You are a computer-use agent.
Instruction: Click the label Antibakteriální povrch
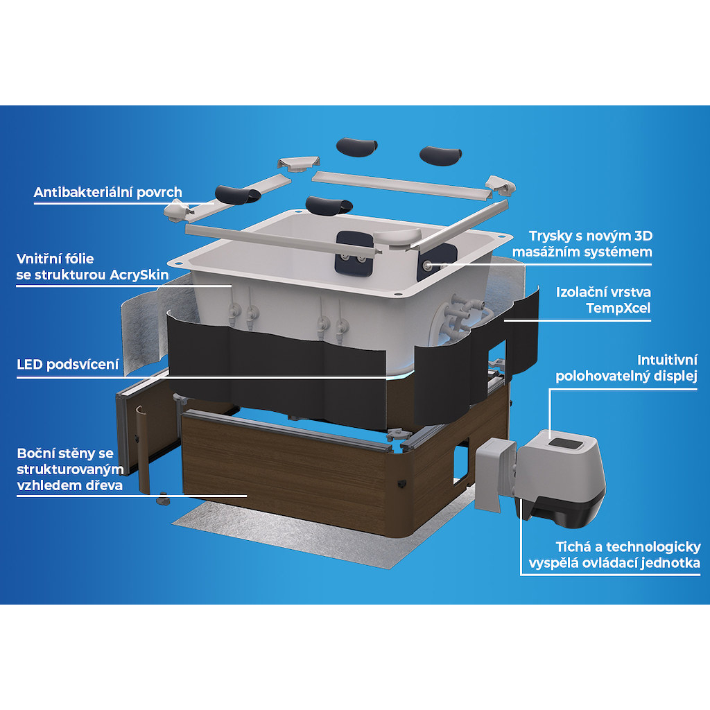point(107,193)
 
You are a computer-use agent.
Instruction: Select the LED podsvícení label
point(68,364)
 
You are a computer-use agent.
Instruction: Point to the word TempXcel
point(618,309)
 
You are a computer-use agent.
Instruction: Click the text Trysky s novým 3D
point(591,236)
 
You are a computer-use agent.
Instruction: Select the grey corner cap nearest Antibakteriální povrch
point(177,211)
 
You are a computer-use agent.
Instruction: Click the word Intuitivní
point(667,360)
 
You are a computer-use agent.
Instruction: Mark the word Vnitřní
point(35,259)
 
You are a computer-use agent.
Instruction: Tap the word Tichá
point(573,547)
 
